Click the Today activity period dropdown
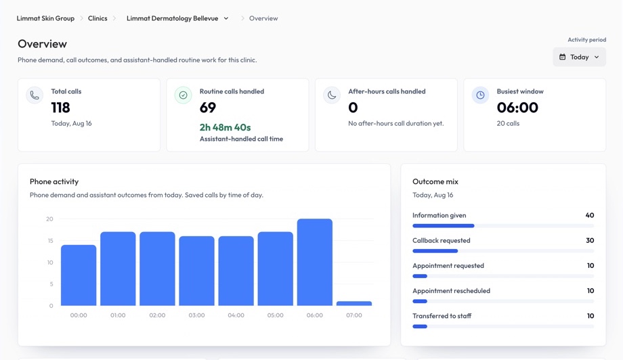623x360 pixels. (579, 57)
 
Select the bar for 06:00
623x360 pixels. (315, 262)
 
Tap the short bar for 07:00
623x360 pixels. (354, 303)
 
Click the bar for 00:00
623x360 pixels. (79, 275)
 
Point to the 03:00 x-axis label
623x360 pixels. (196, 315)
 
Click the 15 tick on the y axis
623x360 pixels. (50, 240)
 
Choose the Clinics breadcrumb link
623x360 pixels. (98, 18)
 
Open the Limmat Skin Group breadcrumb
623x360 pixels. (45, 18)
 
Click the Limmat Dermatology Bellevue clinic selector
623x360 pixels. (177, 18)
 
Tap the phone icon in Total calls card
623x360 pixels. (35, 95)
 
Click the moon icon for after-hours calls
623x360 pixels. (332, 95)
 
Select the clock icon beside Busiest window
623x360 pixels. (480, 95)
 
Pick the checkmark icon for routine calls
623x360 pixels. (183, 95)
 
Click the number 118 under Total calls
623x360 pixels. (60, 108)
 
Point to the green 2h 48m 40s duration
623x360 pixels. (225, 127)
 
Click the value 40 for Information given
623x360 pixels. (590, 215)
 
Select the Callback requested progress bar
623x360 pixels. (503, 251)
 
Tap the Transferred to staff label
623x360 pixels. (442, 316)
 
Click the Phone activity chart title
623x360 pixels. (54, 181)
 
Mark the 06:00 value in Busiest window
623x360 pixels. (517, 108)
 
